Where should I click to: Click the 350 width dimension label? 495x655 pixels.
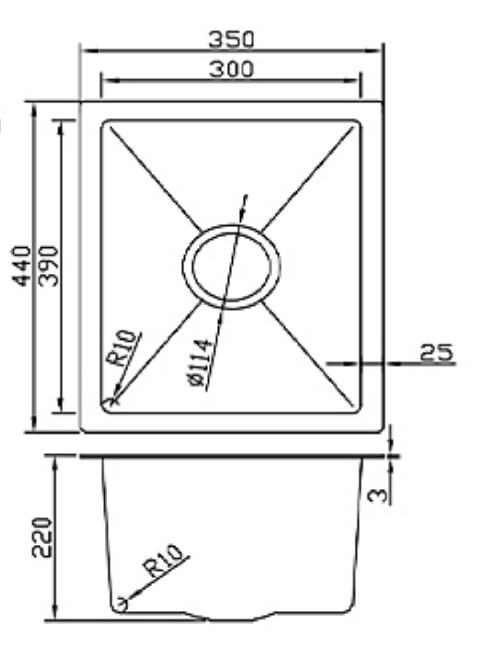231,40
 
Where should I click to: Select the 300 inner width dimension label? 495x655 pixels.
231,69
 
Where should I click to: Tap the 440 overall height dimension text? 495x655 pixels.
22,266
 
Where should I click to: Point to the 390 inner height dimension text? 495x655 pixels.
50,266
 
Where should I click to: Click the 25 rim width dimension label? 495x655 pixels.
437,353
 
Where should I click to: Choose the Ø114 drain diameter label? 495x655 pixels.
201,363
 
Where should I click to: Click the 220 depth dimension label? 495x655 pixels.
42,537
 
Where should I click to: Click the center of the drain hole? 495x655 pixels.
231,266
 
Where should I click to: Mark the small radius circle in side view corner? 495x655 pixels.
121,605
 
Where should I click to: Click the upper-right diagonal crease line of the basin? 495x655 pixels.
308,178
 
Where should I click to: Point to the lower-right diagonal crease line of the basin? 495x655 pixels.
308,353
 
